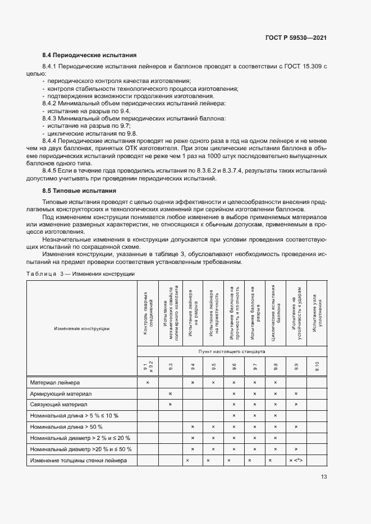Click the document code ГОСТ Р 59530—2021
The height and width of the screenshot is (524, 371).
tap(296, 38)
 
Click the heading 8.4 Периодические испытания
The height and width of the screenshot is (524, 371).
tap(90, 55)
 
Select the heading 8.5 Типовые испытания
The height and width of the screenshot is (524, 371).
tap(80, 191)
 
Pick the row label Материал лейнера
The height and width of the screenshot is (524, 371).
tap(55, 382)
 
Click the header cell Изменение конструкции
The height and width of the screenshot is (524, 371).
tap(81, 328)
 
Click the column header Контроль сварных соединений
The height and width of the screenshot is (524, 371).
tap(148, 314)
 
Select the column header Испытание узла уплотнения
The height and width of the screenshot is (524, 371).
tap(317, 314)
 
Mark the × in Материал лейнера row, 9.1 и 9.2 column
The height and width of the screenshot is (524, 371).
tap(148, 382)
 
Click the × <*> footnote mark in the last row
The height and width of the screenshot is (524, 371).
tap(296, 460)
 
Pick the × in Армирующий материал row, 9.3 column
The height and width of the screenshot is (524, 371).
tap(170, 394)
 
